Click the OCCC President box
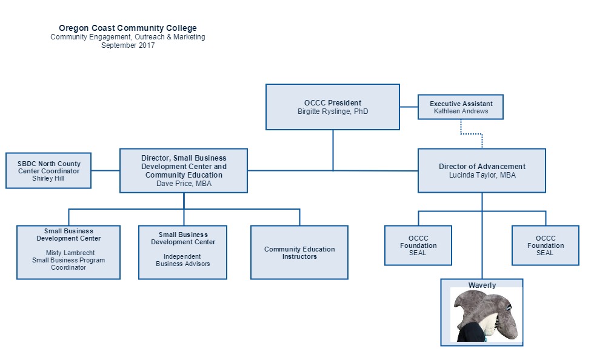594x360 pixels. (x=333, y=107)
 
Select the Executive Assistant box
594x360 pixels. (x=461, y=107)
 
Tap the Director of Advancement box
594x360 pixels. (x=482, y=170)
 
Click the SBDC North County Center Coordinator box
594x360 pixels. (x=48, y=170)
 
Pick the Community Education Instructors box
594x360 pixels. (x=299, y=252)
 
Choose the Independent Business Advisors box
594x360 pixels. (x=182, y=252)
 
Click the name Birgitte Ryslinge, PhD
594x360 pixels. (x=333, y=112)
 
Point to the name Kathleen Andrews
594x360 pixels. (x=461, y=111)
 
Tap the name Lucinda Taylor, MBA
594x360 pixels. (x=482, y=175)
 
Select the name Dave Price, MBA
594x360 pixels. (x=184, y=184)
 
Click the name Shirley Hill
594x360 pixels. (x=48, y=178)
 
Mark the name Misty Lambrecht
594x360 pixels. (x=70, y=253)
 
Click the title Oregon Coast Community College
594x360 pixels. (x=128, y=28)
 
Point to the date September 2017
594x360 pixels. (x=128, y=45)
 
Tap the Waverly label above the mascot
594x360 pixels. (x=482, y=285)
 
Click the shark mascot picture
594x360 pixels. (x=486, y=315)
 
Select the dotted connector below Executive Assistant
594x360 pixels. (x=472, y=134)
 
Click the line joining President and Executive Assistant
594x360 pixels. (x=409, y=107)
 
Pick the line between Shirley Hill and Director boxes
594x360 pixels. (x=105, y=170)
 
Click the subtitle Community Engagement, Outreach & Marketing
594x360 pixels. (x=128, y=37)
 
